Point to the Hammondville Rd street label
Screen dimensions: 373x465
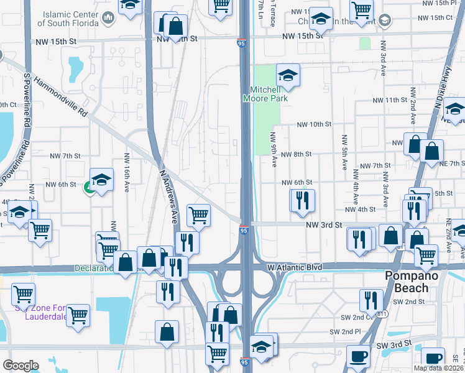click(x=61, y=96)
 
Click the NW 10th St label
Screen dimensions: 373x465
click(x=314, y=124)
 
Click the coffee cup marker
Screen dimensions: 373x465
click(x=357, y=357)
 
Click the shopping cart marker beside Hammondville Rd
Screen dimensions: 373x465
click(x=198, y=215)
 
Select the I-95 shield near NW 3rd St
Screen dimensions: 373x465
click(x=244, y=230)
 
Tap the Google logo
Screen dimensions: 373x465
click(x=21, y=365)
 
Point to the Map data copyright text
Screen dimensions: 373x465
click(x=438, y=368)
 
